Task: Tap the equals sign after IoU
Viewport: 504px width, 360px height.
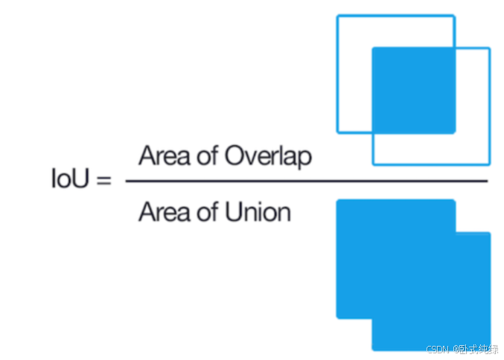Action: coord(103,180)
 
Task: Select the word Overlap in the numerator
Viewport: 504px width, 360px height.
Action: coord(268,157)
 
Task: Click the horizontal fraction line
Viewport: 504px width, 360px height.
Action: coord(306,181)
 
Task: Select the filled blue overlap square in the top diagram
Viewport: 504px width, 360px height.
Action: coord(412,90)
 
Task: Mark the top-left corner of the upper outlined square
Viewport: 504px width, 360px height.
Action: coord(338,16)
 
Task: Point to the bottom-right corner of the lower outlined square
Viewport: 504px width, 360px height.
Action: coord(489,164)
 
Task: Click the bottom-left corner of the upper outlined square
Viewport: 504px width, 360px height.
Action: coord(338,132)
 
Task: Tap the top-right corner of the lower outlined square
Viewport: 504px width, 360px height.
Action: coord(489,49)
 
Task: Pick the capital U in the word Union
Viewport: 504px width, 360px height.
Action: coord(231,213)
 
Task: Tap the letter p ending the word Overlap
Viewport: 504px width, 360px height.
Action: coord(306,159)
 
